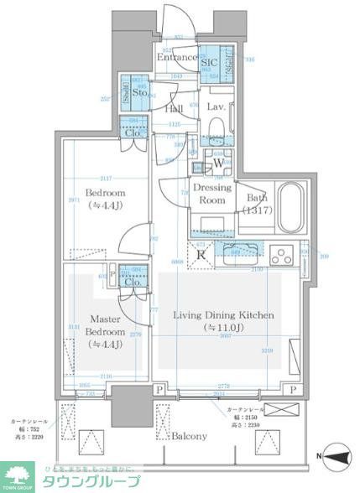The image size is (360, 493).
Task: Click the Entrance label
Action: click(x=176, y=58)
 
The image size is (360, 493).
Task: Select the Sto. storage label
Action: click(x=140, y=94)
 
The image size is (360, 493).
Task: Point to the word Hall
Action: click(x=174, y=109)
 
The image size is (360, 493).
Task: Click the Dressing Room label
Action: click(x=213, y=195)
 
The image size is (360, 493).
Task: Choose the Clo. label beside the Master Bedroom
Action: click(x=132, y=282)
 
